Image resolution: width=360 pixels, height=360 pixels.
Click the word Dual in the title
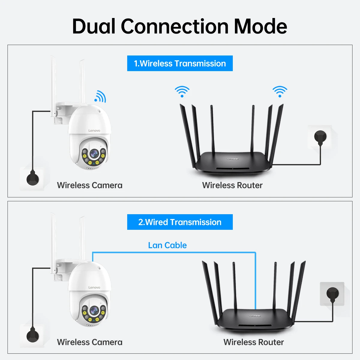[x=94, y=26]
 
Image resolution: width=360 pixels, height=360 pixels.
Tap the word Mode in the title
[x=260, y=26]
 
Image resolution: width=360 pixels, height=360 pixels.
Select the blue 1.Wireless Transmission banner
[x=180, y=63]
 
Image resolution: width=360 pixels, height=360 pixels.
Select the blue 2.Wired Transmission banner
[x=180, y=222]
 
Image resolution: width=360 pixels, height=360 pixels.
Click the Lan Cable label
[x=167, y=245]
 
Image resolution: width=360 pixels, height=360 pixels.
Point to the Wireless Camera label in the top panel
[x=90, y=185]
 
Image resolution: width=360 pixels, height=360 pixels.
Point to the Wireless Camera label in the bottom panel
[x=90, y=342]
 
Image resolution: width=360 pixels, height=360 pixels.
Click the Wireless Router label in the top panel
[x=232, y=185]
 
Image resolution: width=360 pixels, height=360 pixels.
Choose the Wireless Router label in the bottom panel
[x=253, y=342]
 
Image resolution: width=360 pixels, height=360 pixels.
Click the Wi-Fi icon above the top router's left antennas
[x=182, y=91]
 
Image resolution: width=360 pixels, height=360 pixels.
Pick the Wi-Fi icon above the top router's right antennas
[x=280, y=91]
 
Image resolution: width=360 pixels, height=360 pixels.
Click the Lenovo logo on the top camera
[x=94, y=130]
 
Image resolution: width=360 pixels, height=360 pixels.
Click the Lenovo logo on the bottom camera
[x=94, y=287]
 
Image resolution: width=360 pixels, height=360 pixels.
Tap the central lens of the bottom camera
[x=94, y=310]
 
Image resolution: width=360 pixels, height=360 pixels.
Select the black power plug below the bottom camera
[x=32, y=335]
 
